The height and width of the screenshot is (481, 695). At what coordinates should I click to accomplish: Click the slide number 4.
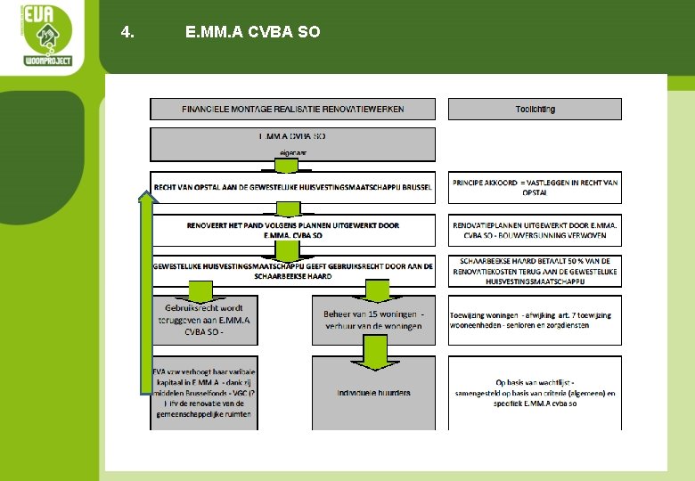tap(127, 33)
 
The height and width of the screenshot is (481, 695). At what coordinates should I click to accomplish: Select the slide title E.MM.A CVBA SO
tap(252, 33)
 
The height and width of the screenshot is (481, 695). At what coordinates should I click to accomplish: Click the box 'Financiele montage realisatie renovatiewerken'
tap(292, 109)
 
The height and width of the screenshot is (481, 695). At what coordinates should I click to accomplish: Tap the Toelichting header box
tap(535, 109)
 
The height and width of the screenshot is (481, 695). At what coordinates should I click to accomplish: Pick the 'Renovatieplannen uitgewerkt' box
tap(535, 231)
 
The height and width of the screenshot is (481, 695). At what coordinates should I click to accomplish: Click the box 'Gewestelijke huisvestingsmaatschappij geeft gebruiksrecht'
tap(292, 271)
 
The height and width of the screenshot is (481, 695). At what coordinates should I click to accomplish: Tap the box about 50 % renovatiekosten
tap(535, 271)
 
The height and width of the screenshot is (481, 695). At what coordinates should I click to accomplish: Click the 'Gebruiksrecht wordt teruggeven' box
tap(203, 320)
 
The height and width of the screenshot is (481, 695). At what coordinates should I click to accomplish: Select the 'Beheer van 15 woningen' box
tap(373, 320)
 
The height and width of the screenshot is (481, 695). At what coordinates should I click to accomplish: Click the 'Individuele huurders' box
tap(373, 393)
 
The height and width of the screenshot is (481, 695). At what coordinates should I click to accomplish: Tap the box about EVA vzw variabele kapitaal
tap(203, 393)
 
